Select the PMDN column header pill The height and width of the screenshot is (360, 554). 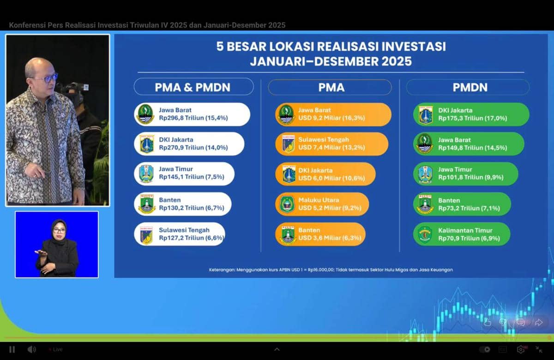[468, 87]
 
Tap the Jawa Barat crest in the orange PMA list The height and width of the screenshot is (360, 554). [286, 114]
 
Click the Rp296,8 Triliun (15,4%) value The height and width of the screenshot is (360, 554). [193, 118]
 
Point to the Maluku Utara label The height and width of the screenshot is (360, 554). [319, 200]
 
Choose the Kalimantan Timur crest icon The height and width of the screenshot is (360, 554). [425, 234]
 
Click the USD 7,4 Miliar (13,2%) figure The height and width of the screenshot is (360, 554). [331, 147]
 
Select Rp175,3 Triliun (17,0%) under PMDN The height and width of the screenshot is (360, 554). [473, 118]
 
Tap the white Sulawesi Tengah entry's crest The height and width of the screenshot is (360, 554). [146, 235]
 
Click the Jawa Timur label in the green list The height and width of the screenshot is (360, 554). [455, 169]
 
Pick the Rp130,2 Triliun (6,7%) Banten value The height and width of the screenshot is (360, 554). [192, 208]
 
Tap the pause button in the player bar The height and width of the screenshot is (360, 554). [12, 349]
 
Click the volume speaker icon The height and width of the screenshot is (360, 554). [31, 349]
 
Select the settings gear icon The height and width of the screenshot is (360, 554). [521, 349]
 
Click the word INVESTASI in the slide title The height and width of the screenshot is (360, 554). [413, 47]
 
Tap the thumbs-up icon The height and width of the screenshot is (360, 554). [487, 322]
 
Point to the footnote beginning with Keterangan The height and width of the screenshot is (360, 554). [331, 270]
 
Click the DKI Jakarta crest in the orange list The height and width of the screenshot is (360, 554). [289, 174]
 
